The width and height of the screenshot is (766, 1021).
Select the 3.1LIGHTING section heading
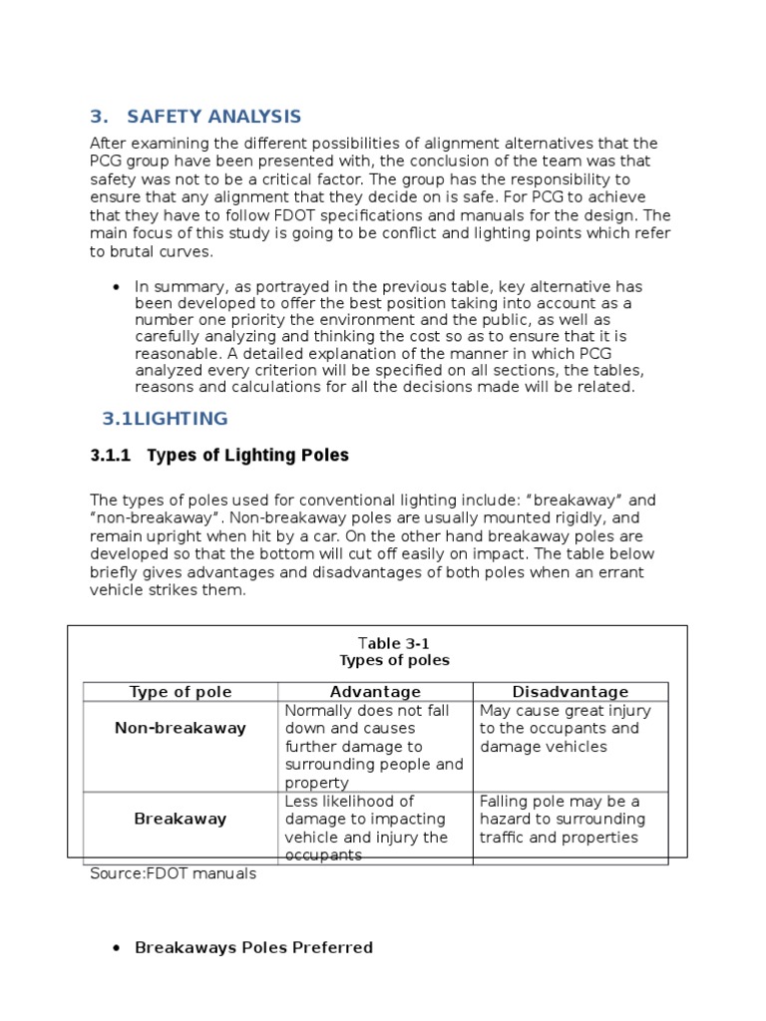(165, 418)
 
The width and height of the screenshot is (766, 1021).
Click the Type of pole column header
(180, 692)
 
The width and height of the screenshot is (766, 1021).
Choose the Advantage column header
(375, 692)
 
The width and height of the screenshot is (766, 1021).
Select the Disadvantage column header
(570, 692)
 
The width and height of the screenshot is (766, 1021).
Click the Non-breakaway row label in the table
(180, 728)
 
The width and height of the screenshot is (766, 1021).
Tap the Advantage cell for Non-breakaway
(374, 747)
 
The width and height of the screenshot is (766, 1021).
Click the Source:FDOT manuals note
(173, 873)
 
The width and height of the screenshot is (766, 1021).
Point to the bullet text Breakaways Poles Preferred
(253, 947)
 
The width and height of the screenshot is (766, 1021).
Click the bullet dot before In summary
(118, 286)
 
